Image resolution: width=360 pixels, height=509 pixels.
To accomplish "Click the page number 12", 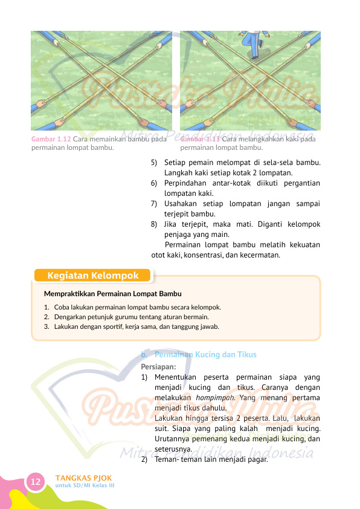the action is point(36,482).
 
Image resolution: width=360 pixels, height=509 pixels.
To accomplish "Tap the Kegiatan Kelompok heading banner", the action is point(92,276).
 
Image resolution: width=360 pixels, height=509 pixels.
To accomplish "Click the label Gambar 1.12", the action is point(51,139).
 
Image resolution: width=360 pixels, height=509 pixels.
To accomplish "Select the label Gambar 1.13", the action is point(200,139).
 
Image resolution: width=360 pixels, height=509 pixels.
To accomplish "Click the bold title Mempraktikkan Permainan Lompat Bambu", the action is point(113,294).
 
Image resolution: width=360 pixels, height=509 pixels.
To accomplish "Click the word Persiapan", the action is point(158,366).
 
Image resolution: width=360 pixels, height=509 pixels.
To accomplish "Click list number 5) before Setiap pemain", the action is point(154,162).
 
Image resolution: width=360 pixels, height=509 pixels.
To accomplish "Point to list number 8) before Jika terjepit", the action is point(154,224).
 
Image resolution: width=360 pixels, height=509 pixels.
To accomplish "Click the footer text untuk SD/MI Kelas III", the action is point(85,485).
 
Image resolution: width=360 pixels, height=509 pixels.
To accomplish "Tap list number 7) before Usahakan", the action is point(154,203).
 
